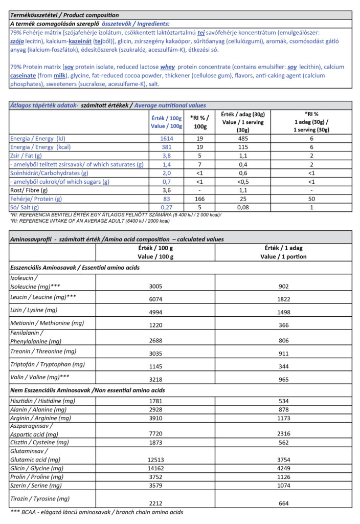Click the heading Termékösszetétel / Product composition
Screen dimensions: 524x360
click(64, 15)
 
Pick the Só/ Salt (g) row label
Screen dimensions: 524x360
click(25, 207)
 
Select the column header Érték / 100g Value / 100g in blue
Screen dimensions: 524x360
click(167, 122)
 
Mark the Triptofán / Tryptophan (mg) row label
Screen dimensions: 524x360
click(47, 364)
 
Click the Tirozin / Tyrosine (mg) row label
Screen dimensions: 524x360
click(39, 498)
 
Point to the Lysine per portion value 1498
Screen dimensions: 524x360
click(283, 312)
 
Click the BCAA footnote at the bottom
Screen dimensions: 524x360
click(97, 512)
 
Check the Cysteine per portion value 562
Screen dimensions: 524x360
click(283, 442)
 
